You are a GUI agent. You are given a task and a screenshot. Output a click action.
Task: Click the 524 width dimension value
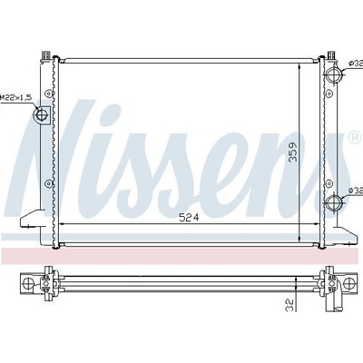tap(189, 217)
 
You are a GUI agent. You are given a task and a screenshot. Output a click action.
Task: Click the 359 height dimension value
tap(293, 152)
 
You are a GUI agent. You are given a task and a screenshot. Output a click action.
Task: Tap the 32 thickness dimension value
tap(289, 305)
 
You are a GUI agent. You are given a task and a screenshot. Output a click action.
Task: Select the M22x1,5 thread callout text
tap(15, 98)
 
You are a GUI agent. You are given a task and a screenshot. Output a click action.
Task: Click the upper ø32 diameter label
tap(356, 64)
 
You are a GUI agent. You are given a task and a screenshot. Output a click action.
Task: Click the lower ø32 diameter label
tap(356, 191)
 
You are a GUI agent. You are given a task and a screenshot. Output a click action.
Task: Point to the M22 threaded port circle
tap(41, 114)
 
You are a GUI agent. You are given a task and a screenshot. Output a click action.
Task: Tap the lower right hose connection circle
tap(334, 201)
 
